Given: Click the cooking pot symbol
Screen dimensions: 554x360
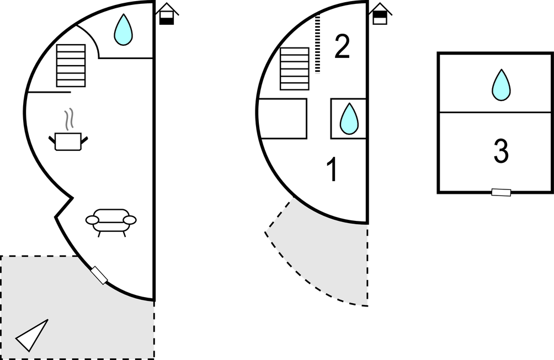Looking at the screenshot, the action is tap(68, 141).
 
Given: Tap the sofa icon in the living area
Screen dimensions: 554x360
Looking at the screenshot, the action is tap(111, 222).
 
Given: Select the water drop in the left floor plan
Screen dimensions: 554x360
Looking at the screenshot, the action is tap(123, 30).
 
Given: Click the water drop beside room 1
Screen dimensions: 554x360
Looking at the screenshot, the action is tap(349, 119).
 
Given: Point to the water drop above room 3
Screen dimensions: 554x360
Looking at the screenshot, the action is tap(502, 85).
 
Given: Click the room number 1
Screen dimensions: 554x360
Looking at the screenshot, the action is tap(333, 170).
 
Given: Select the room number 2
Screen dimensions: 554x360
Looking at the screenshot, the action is tap(342, 46).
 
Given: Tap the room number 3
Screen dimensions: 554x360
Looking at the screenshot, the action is tap(501, 151).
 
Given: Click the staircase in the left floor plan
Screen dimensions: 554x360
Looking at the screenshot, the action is tap(71, 65).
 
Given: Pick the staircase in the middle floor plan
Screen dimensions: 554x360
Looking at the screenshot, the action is tap(295, 68).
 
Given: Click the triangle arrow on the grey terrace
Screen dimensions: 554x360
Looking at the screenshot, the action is tap(32, 335).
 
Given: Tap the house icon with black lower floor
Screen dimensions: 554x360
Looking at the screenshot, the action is tap(167, 14).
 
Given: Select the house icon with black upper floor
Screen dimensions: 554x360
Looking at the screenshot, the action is tap(380, 14).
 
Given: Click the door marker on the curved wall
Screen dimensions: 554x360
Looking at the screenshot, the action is tap(99, 276).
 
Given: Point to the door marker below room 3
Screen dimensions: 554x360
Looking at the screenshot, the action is tap(502, 192).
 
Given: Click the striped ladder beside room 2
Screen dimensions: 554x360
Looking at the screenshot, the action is tap(318, 44).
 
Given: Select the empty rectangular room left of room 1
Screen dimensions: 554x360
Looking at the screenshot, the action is tap(283, 119).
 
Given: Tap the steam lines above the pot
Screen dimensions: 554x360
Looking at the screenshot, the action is tap(70, 119).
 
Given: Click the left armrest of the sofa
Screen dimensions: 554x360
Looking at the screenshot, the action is tap(92, 220).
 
